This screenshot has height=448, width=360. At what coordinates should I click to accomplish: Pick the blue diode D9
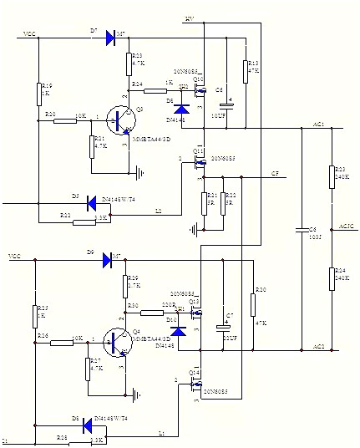[x=108, y=260]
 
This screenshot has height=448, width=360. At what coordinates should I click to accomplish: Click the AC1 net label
[x=318, y=125]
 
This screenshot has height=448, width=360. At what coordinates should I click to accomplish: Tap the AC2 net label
[x=318, y=347]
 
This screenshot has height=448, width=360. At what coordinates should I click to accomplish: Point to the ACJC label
[x=347, y=226]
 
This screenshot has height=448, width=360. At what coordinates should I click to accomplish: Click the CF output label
[x=275, y=174]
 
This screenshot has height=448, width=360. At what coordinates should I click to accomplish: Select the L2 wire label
[x=158, y=211]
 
